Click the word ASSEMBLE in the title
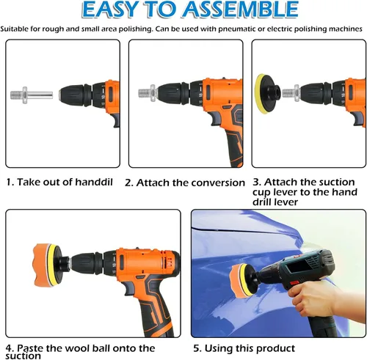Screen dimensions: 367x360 [240, 10]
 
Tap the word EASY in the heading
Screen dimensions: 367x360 [109, 10]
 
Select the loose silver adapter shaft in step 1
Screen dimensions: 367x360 [32, 95]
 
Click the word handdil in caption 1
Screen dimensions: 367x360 [94, 182]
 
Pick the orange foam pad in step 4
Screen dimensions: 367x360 [42, 265]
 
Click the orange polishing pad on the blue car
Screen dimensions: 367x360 [236, 280]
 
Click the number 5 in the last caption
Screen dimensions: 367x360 [197, 348]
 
